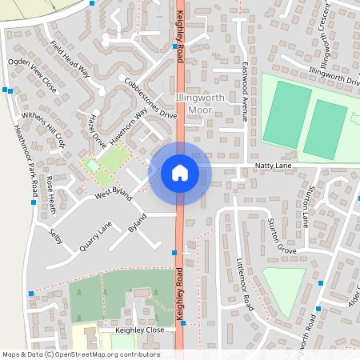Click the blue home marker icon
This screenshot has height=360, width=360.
179,173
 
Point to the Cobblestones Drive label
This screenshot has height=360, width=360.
150,98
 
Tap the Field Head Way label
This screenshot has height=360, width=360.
70,61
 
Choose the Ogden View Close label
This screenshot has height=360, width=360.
33,74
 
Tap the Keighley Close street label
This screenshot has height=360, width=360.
131,330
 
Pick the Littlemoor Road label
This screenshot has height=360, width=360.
245,285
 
